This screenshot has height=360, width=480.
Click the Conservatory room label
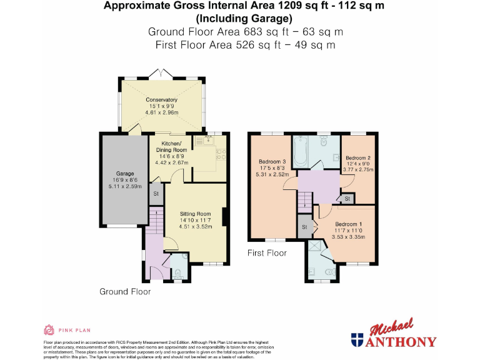point(162,100)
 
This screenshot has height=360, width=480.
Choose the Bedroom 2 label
point(358,157)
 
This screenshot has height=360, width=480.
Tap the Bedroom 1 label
point(347,224)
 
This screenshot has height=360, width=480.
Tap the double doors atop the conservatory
point(161,74)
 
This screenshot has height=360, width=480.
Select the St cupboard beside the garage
point(154,194)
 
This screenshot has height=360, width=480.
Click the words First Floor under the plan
point(267,253)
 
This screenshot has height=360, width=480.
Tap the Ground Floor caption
point(125,291)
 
